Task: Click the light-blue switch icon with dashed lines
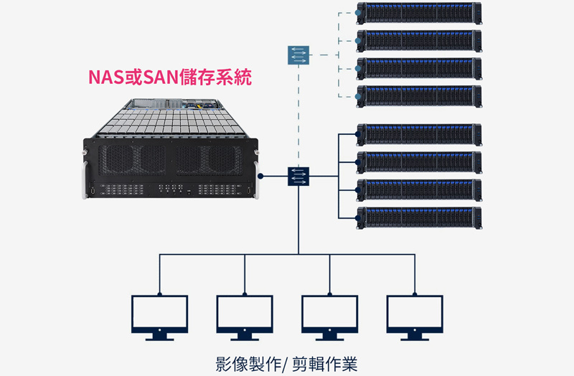click(298, 55)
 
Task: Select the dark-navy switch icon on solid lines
click(298, 176)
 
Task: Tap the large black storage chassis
click(170, 154)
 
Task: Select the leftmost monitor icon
click(159, 316)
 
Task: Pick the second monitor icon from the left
click(244, 316)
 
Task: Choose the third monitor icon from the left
click(329, 316)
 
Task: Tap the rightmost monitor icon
click(414, 316)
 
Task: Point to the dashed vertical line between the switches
click(298, 115)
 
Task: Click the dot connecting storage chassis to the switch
click(263, 176)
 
